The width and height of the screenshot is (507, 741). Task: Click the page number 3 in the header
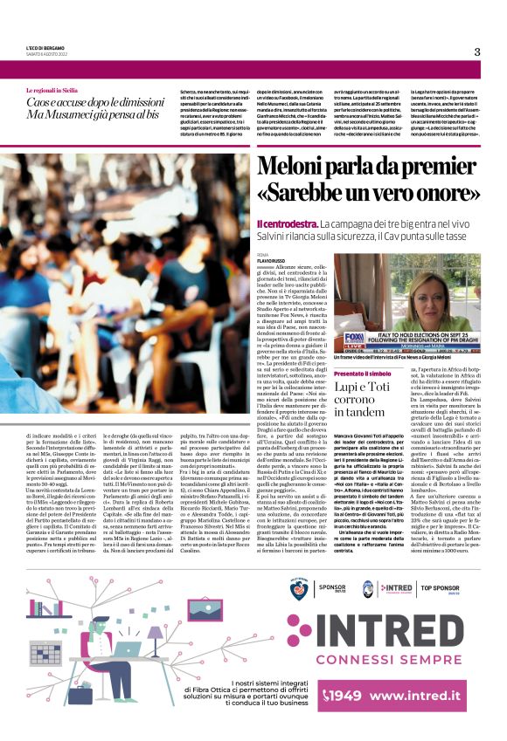(477, 51)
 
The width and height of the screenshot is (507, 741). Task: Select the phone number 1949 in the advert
(346, 696)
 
